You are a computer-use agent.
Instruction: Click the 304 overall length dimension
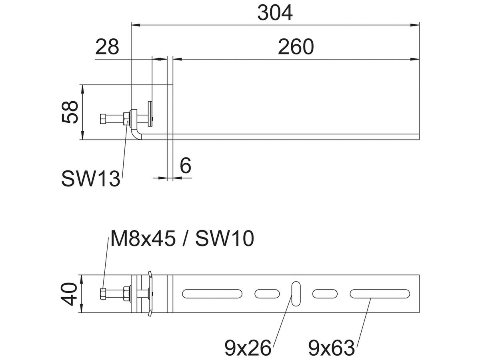click(x=275, y=13)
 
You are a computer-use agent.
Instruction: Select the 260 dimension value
click(x=296, y=47)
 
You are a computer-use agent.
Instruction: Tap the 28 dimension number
click(x=107, y=47)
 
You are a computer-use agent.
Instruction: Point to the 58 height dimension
click(x=70, y=112)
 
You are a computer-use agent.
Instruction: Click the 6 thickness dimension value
click(x=186, y=166)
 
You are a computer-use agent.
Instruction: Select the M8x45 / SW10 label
click(x=182, y=239)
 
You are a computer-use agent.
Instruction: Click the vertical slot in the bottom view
click(x=296, y=294)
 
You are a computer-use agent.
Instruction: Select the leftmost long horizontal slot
click(x=212, y=294)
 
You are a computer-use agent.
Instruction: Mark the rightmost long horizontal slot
click(x=380, y=294)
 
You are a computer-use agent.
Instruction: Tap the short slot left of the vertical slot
click(x=267, y=294)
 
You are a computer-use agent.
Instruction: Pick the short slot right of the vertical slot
click(x=325, y=294)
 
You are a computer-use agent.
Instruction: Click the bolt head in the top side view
click(x=103, y=119)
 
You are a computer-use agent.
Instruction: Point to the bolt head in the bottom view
click(x=103, y=294)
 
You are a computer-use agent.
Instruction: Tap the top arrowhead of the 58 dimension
click(x=82, y=89)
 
